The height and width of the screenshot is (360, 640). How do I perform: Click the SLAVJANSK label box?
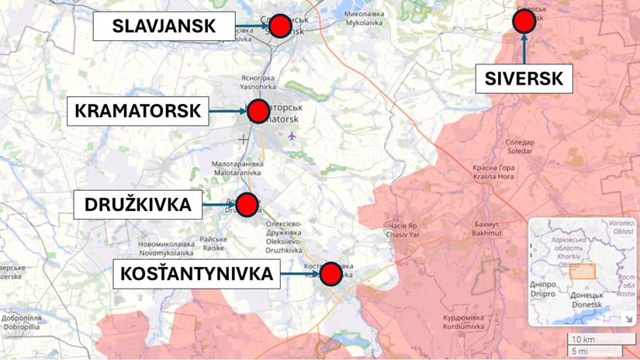point(164,26)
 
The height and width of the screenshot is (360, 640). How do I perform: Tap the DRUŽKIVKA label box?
point(137,206)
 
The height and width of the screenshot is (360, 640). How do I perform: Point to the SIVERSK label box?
point(524,78)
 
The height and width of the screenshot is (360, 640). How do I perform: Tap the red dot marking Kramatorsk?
point(258,111)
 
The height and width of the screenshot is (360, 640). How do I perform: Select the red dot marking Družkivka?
point(247,205)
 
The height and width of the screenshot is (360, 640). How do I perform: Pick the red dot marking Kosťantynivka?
point(331,273)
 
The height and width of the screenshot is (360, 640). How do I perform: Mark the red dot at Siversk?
point(524,21)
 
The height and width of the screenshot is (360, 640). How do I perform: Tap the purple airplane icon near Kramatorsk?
point(292,137)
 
